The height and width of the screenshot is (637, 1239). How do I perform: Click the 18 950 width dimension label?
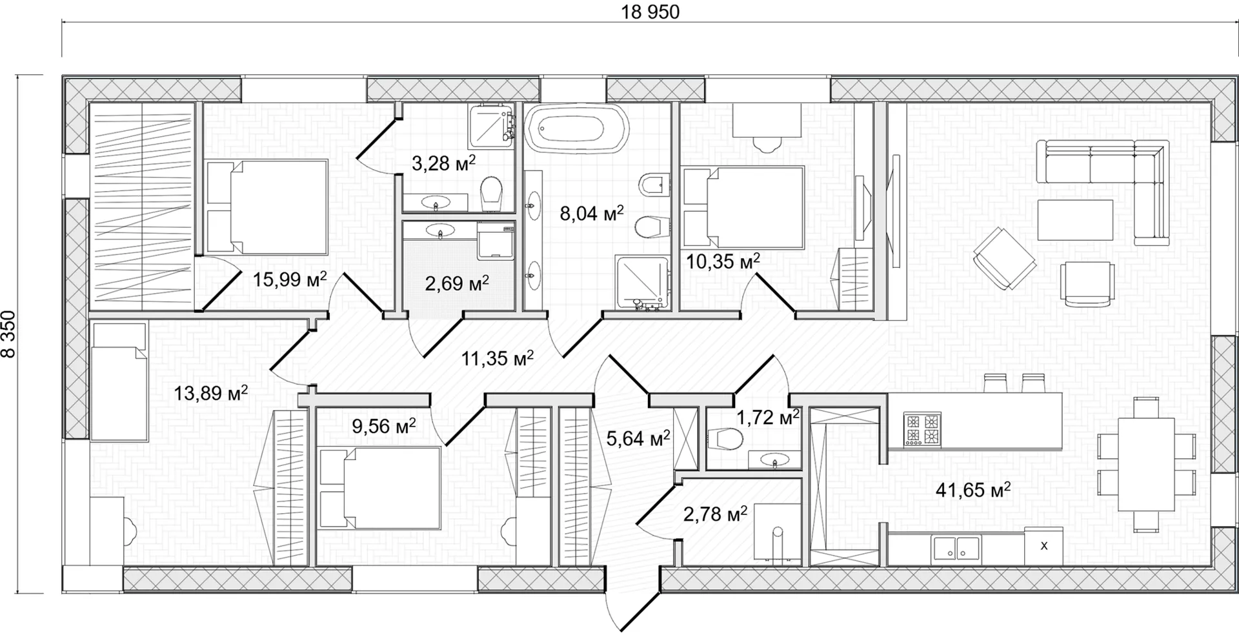click(650, 12)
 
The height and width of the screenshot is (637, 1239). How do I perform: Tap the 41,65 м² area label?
click(973, 490)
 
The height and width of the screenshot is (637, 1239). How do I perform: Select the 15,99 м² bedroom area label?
click(290, 279)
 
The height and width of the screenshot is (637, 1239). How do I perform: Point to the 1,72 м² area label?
click(768, 418)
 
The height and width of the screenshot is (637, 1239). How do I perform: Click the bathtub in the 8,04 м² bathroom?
click(576, 128)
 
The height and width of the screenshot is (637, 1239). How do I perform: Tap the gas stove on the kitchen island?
click(922, 429)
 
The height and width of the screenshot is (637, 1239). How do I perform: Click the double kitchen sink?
click(955, 549)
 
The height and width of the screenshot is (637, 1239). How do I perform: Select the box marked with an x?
click(1044, 546)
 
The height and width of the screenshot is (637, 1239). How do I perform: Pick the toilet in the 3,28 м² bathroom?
click(492, 192)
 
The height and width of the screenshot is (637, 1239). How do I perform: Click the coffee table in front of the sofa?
click(1076, 219)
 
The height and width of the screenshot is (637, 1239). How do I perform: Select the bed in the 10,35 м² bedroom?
click(743, 207)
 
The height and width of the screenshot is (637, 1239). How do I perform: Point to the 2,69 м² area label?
click(456, 283)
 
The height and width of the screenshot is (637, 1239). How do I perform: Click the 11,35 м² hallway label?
click(497, 358)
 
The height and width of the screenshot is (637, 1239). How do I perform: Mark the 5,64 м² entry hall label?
click(638, 438)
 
